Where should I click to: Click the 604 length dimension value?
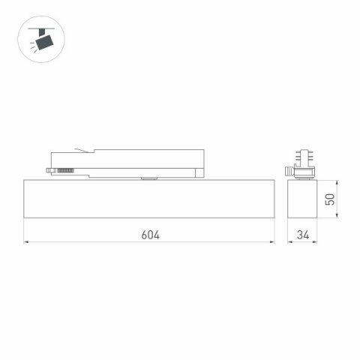click(x=149, y=234)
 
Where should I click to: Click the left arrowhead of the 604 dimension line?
click(x=26, y=242)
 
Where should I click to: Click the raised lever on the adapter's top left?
click(x=82, y=150)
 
